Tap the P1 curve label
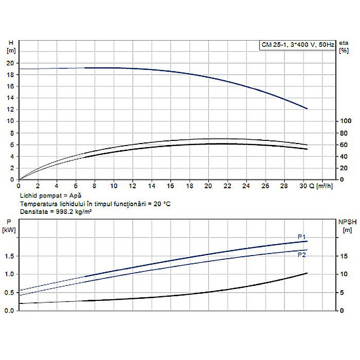click(x=302, y=237)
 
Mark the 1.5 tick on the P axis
click(x=9, y=256)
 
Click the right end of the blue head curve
click(x=307, y=109)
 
